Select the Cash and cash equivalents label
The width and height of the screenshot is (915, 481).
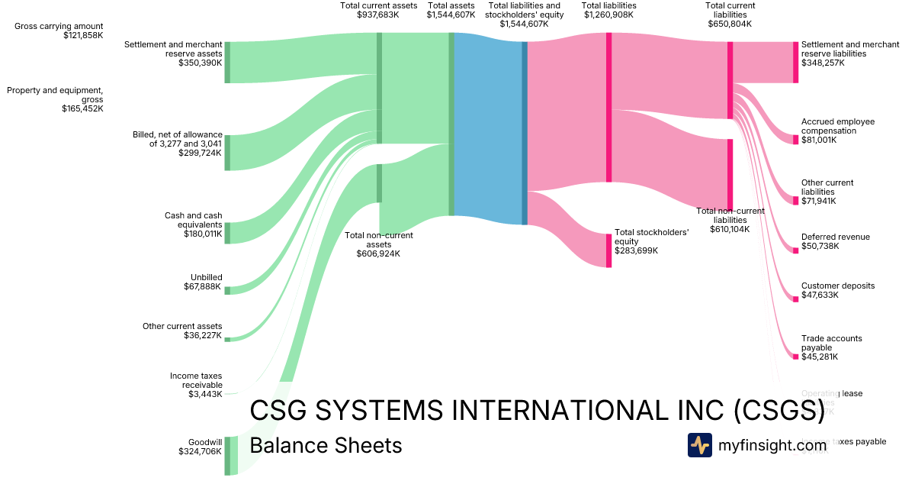click(x=194, y=224)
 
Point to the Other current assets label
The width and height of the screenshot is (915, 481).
click(x=182, y=331)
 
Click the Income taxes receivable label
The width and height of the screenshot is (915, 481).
click(x=196, y=385)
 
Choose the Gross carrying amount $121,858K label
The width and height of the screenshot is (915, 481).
click(x=59, y=31)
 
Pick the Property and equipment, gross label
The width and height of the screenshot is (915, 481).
click(x=55, y=99)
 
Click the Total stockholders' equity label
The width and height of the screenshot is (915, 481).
click(x=652, y=241)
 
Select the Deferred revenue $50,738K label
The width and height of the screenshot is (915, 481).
click(x=836, y=241)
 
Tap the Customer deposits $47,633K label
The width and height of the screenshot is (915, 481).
click(x=838, y=290)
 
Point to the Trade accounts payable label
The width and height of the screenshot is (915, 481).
click(x=832, y=347)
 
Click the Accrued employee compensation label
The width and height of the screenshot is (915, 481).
click(x=838, y=131)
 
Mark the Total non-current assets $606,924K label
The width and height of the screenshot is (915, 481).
click(x=378, y=244)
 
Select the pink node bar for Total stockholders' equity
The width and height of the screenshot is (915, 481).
click(x=608, y=250)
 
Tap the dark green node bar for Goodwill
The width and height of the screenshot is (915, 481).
click(x=227, y=456)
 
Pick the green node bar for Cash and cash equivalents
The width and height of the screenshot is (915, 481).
click(x=227, y=233)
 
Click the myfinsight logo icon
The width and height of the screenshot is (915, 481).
click(x=699, y=445)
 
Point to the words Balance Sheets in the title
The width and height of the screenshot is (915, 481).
click(x=326, y=445)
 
